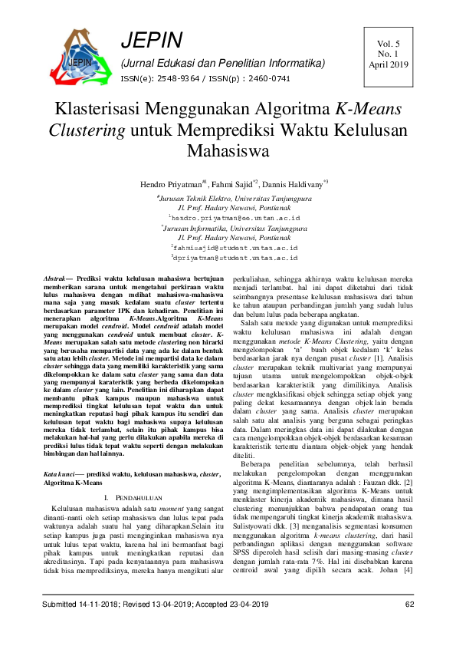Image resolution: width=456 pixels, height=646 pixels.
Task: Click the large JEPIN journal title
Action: (152, 41)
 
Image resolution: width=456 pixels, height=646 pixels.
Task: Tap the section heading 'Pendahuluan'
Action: (136, 477)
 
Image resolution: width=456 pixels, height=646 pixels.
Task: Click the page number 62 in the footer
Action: (408, 626)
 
